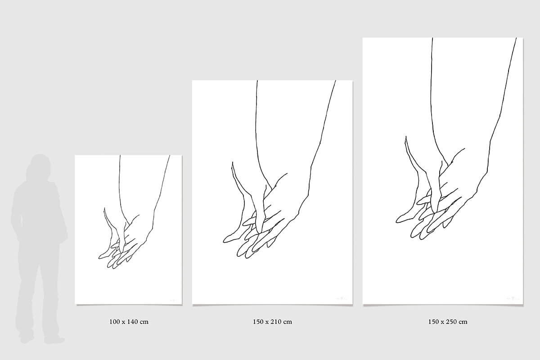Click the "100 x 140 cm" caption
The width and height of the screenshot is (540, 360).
tap(129, 322)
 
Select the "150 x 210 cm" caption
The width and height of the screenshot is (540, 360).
tap(272, 322)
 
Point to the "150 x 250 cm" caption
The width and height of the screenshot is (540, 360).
tap(448, 322)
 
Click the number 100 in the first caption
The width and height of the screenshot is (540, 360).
tap(114, 322)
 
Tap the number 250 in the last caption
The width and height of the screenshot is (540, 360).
tap(453, 322)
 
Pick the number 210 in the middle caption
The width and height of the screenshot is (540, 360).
tap(278, 322)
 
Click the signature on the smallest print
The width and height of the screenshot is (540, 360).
tap(174, 301)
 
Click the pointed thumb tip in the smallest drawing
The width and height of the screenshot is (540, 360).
tap(104, 208)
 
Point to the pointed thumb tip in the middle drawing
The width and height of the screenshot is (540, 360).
tap(232, 162)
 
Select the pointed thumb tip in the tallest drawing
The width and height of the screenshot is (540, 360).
tap(406, 136)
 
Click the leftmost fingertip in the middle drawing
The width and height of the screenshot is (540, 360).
tap(224, 241)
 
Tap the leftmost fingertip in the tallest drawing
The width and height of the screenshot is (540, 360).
tap(396, 221)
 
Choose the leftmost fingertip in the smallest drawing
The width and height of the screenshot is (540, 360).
tap(99, 258)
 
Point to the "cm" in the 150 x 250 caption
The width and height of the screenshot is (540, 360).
tap(463, 322)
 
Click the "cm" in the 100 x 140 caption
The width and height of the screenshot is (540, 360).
tap(144, 322)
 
